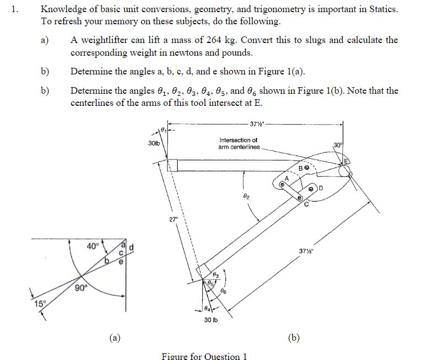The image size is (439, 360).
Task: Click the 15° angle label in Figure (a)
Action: (x=39, y=303)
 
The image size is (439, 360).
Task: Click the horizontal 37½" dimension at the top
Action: (x=256, y=122)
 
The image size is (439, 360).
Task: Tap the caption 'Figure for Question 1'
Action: (x=204, y=356)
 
